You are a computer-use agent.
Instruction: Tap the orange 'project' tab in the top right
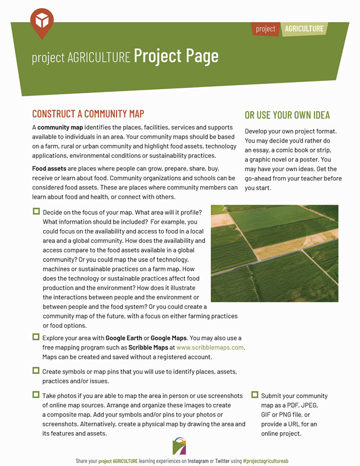click(x=266, y=29)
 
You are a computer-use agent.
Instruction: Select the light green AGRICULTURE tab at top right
click(x=303, y=29)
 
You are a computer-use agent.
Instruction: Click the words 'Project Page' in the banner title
click(x=176, y=56)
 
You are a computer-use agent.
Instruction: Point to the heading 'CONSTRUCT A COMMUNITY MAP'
click(x=88, y=114)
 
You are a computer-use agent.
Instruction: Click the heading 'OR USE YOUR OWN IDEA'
click(x=287, y=115)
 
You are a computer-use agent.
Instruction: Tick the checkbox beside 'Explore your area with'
click(x=36, y=337)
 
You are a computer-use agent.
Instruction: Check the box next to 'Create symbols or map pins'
click(x=36, y=370)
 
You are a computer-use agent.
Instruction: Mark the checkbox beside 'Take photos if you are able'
click(x=36, y=395)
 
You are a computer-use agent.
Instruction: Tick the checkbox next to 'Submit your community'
click(x=255, y=395)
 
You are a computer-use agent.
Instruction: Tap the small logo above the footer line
click(x=179, y=447)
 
